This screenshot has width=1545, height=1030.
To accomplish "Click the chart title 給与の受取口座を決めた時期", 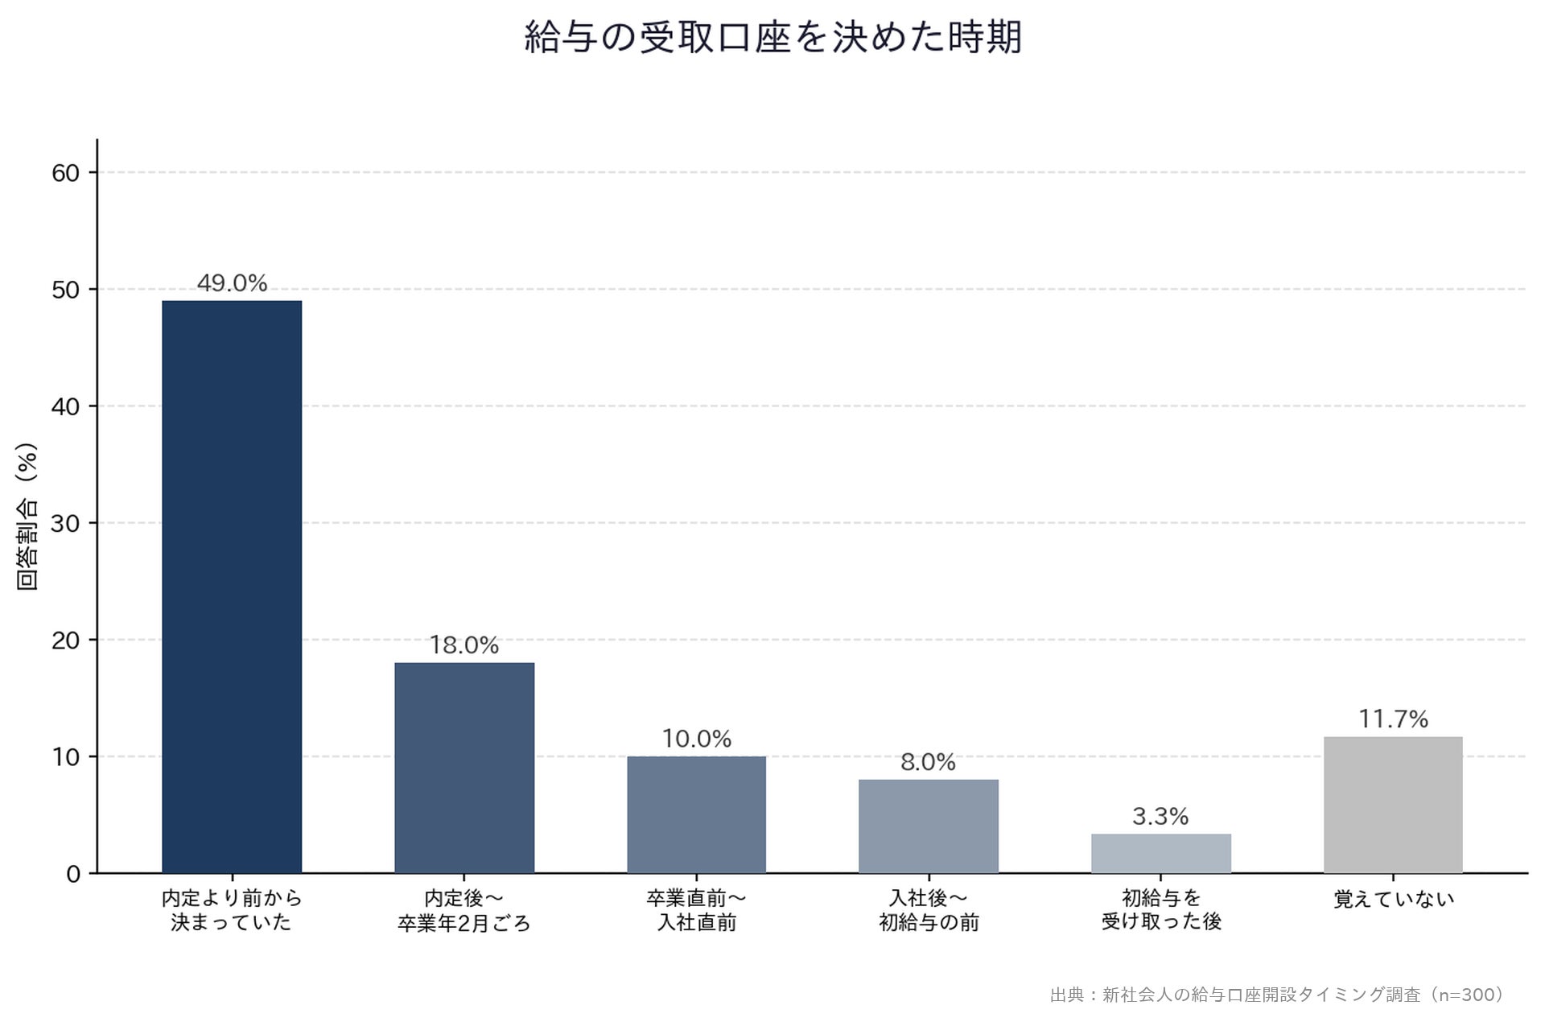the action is click(772, 38).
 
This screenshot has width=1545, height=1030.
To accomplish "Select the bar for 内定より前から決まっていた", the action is click(232, 587).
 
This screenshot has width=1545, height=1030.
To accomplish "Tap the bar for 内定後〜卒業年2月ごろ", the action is click(464, 768).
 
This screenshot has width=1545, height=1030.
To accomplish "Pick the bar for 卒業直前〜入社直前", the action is click(696, 814).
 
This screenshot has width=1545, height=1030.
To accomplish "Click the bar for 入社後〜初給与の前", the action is click(929, 826).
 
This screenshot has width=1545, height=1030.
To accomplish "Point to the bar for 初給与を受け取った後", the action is click(1161, 854).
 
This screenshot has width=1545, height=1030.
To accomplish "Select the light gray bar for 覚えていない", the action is click(1393, 805).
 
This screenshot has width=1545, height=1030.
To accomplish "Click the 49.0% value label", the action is click(232, 283).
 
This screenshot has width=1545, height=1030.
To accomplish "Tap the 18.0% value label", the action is click(464, 645).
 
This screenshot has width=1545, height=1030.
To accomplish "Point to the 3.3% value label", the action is click(1160, 817).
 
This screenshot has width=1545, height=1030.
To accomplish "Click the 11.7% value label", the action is click(1394, 719).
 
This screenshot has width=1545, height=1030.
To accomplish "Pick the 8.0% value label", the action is click(929, 762).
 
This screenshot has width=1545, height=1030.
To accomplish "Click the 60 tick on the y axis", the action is click(66, 173).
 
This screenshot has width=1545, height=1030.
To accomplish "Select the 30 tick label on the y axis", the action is click(66, 524).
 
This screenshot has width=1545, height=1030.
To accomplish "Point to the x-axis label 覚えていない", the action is click(1394, 899).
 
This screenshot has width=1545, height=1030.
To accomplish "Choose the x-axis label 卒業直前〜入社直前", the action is click(696, 910).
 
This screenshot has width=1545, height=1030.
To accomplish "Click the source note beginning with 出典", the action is click(1277, 995).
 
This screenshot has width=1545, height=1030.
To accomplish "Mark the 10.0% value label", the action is click(697, 739).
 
